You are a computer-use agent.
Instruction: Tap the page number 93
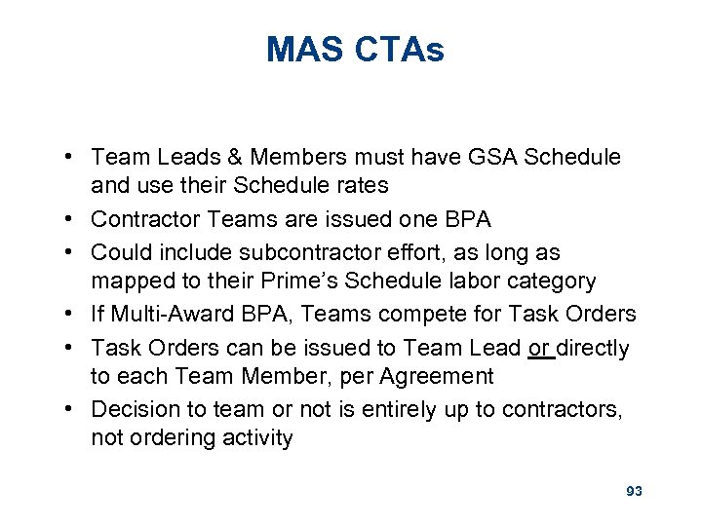coord(634,491)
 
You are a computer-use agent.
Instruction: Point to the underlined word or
coord(539,348)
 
